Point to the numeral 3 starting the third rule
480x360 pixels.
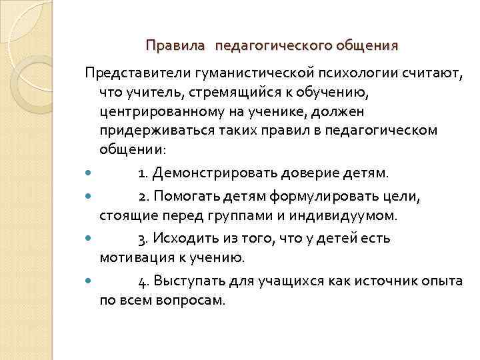pyautogui.click(x=141, y=239)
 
